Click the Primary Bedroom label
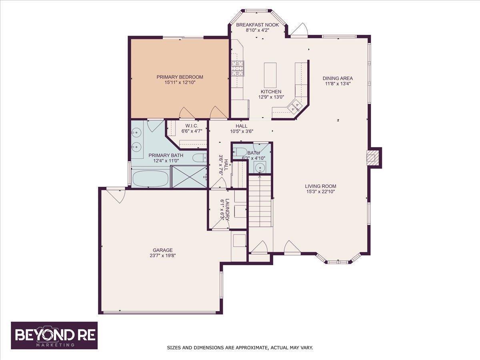pyautogui.click(x=180, y=77)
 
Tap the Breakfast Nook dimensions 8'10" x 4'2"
pyautogui.click(x=257, y=30)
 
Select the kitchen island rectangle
pyautogui.click(x=270, y=75)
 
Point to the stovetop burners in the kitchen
pyautogui.click(x=238, y=68)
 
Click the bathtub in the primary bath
pyautogui.click(x=150, y=178)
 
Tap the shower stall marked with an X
pyautogui.click(x=189, y=176)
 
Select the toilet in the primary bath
pyautogui.click(x=200, y=157)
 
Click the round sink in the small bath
pyautogui.click(x=260, y=167)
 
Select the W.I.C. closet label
pyautogui.click(x=192, y=126)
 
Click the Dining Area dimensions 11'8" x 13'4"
pyautogui.click(x=338, y=84)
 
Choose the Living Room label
pyautogui.click(x=320, y=186)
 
